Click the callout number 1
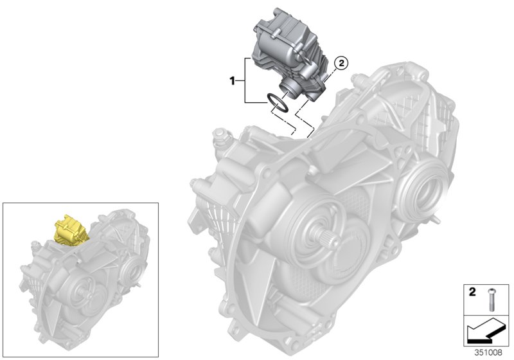point(234,82)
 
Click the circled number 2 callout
point(342,62)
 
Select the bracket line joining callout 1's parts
point(245,80)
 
